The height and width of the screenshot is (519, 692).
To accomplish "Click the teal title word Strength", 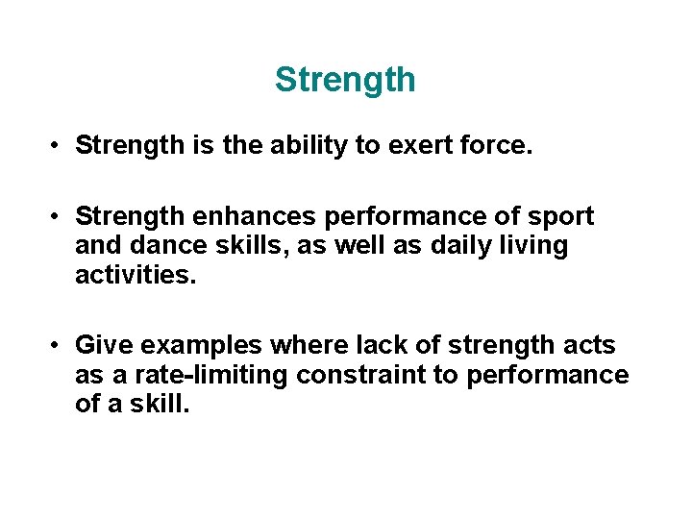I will (345, 80).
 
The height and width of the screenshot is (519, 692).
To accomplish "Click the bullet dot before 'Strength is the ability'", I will (59, 146).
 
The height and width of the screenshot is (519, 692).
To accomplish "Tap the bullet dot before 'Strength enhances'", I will (59, 217).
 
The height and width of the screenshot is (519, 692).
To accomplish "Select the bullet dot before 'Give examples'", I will (59, 344).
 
